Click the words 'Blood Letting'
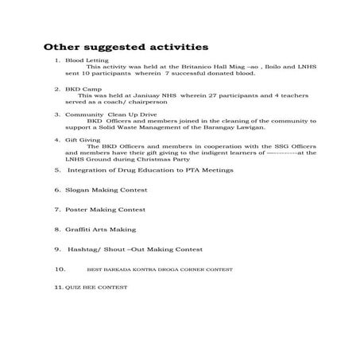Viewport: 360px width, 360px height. point(85,60)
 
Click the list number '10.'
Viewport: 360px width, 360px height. point(60,269)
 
